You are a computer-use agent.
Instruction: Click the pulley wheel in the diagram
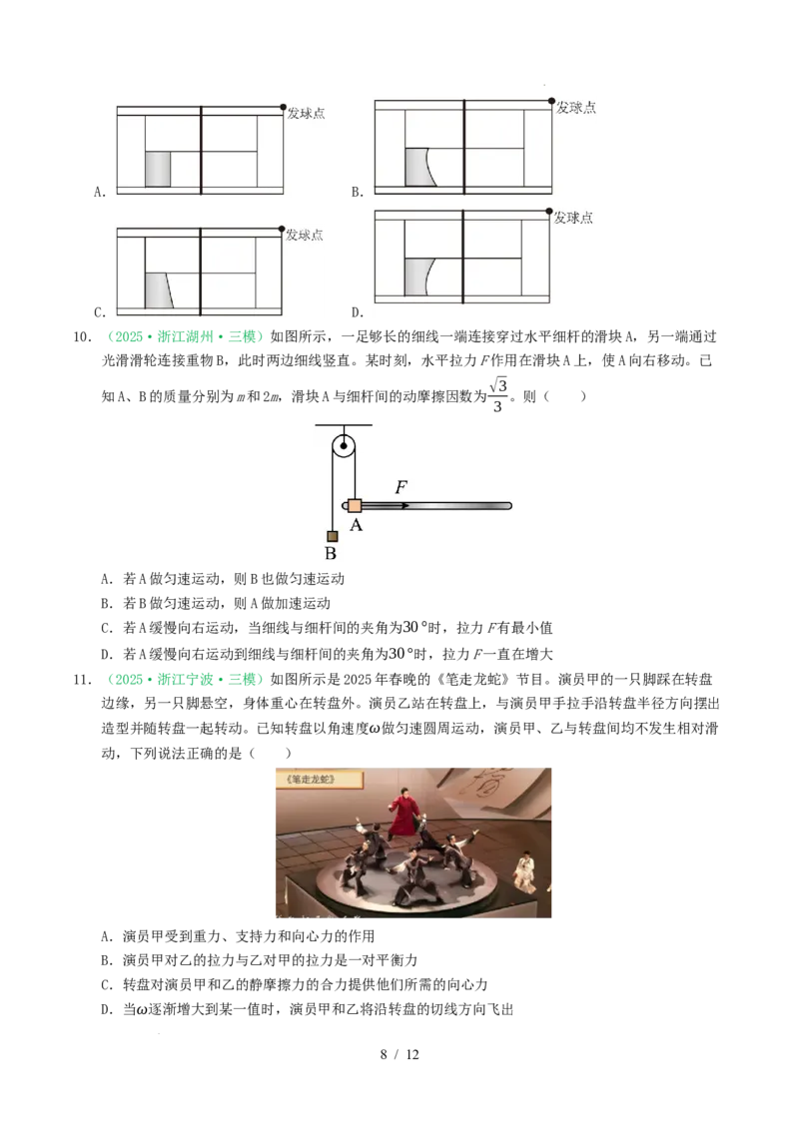[x=344, y=446]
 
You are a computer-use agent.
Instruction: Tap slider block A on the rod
[x=355, y=505]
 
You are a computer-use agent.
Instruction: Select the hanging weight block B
[x=333, y=536]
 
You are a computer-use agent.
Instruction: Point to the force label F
[x=400, y=487]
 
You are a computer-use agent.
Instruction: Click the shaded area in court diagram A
[x=158, y=169]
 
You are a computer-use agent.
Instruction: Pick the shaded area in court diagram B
[x=416, y=167]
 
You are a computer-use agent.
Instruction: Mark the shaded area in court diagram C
[x=159, y=291]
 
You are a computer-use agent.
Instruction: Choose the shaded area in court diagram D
[x=416, y=277]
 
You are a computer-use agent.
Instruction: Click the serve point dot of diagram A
[x=284, y=108]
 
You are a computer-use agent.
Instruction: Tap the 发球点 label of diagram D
[x=573, y=218]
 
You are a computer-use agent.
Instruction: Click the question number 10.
[x=82, y=336]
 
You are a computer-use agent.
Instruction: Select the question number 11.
[x=82, y=679]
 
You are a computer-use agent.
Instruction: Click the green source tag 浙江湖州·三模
[x=186, y=336]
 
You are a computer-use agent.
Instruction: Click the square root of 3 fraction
[x=498, y=395]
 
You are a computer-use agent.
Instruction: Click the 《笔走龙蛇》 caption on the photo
[x=311, y=779]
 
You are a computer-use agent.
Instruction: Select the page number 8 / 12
[x=399, y=1054]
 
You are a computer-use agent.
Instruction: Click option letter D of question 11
[x=107, y=1009]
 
